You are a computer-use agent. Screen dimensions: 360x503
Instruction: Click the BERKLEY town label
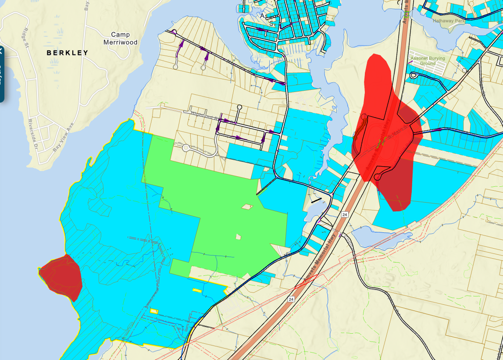pos(68,53)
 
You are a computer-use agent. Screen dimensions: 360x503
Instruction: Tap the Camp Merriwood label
pos(121,39)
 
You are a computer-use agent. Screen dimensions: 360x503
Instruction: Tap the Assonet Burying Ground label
pos(428,61)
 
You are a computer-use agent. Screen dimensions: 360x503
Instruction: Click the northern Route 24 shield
pos(345,214)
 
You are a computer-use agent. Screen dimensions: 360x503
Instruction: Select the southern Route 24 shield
pos(291,299)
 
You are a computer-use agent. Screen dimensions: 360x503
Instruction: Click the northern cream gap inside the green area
pos(247,206)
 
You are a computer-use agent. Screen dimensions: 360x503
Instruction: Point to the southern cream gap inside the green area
pos(239,237)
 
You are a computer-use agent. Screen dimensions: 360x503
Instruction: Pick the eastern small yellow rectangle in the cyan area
pos(197,290)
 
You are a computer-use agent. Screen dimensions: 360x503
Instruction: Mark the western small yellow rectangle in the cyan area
pos(154,310)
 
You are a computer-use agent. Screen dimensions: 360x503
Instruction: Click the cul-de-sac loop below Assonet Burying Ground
pos(413,75)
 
